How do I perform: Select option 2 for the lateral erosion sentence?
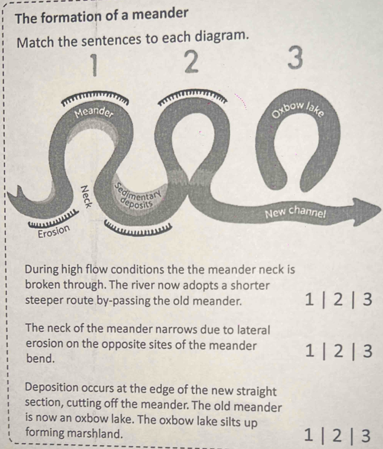point(338,351)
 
